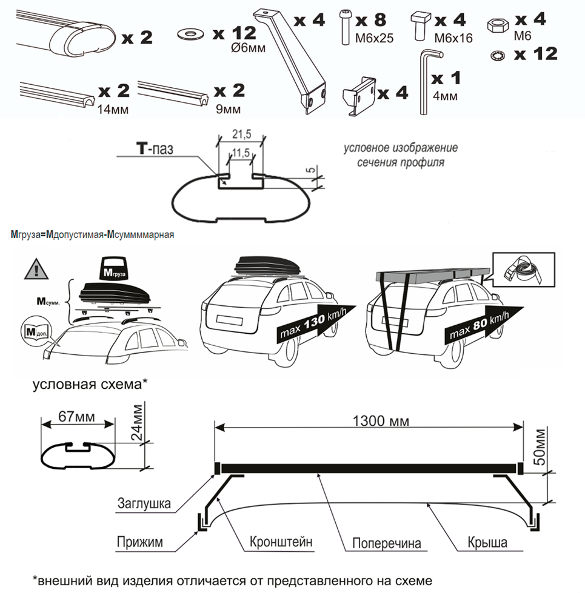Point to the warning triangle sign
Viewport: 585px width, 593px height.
pos(36,268)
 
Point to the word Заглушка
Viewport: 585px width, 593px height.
pos(144,502)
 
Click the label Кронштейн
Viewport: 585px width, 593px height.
pos(281,542)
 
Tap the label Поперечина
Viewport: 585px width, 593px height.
pos(387,543)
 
